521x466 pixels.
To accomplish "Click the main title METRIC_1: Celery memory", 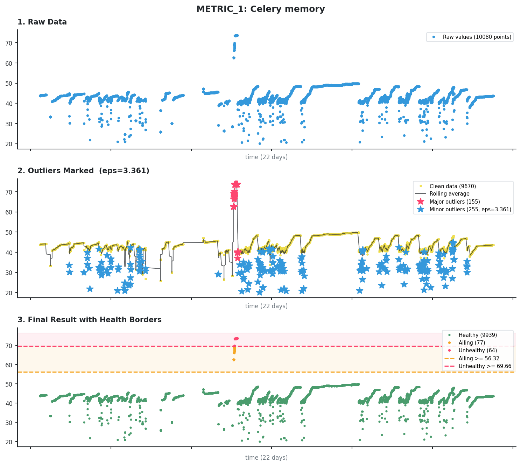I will coord(260,9).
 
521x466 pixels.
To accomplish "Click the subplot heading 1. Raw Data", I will coord(42,22).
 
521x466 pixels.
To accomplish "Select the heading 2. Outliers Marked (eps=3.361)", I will coord(83,171).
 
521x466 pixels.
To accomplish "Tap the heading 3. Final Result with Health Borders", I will coord(89,320).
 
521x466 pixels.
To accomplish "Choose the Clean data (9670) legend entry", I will coord(452,186).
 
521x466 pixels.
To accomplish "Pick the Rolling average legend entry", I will coord(449,194).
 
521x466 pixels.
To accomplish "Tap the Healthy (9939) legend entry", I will coord(477,335).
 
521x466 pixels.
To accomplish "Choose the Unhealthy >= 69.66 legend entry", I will coord(485,366).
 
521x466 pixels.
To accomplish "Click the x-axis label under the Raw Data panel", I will coord(266,157).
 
